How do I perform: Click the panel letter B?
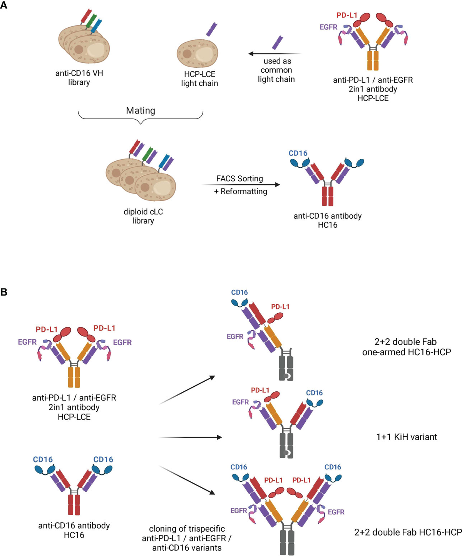pyautogui.click(x=4, y=292)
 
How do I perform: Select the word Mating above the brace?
pyautogui.click(x=141, y=111)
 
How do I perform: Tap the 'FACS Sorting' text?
pyautogui.click(x=239, y=179)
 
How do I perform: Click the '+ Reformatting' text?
pyautogui.click(x=241, y=191)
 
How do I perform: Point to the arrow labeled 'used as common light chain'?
pyautogui.click(x=274, y=54)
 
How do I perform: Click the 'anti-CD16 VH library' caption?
pyautogui.click(x=79, y=78)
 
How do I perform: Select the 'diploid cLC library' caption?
pyautogui.click(x=143, y=216)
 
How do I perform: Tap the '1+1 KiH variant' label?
pyautogui.click(x=407, y=437)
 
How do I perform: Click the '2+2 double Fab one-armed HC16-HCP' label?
pyautogui.click(x=406, y=347)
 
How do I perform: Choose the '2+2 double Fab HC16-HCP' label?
pyautogui.click(x=408, y=532)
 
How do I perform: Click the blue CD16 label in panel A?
pyautogui.click(x=298, y=153)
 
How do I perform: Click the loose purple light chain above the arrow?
pyautogui.click(x=277, y=42)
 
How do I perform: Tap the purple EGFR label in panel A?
pyautogui.click(x=328, y=27)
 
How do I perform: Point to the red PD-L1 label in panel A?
pyautogui.click(x=347, y=15)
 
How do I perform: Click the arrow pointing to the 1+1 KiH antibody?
pyautogui.click(x=191, y=437)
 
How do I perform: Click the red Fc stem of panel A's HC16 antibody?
pyautogui.click(x=327, y=196)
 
